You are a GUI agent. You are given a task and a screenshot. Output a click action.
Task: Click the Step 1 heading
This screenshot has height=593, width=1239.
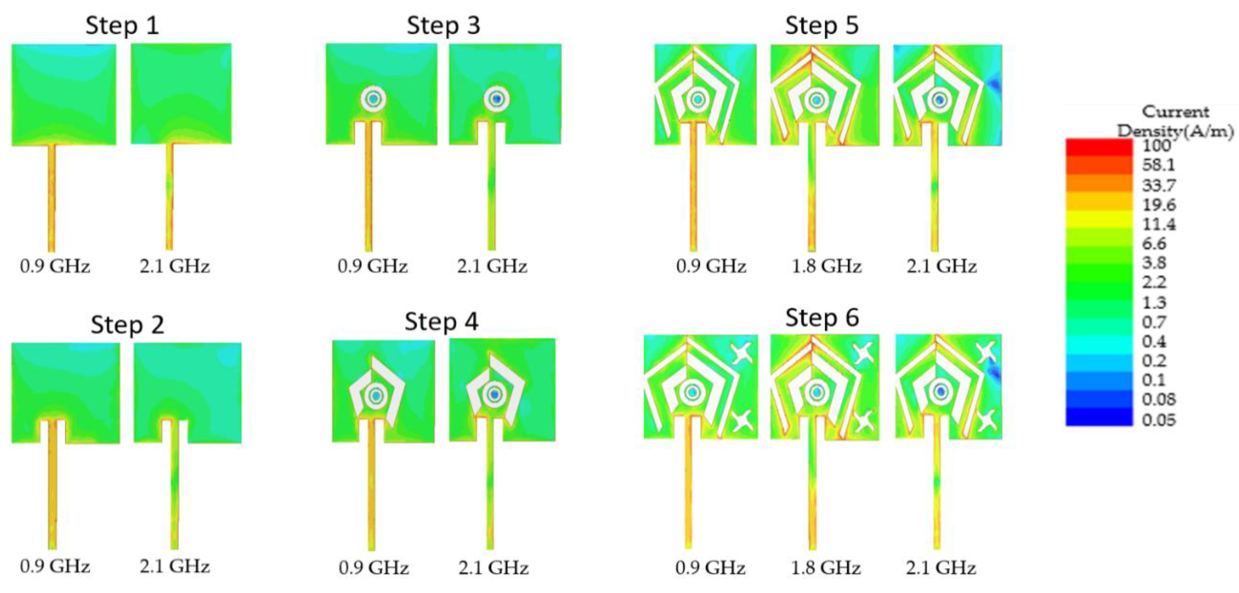[x=122, y=26]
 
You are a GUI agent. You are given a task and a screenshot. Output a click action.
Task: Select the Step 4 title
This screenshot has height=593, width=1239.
[x=441, y=322]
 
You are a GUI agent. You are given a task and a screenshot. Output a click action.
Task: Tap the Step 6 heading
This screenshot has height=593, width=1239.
[x=822, y=318]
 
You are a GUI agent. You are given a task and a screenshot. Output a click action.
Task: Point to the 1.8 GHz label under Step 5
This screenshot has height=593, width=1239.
[x=826, y=266]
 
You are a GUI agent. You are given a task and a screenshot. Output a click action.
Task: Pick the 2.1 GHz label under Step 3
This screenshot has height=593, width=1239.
[x=492, y=266]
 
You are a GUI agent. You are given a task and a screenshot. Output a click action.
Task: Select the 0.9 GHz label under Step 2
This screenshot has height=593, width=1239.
[x=55, y=566]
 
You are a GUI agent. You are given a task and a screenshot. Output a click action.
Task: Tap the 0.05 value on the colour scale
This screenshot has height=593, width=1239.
[x=1159, y=420]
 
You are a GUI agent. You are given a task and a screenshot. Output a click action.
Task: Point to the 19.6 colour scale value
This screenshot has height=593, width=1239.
[x=1159, y=205]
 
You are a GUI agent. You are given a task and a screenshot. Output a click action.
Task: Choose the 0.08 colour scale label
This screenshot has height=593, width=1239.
[x=1159, y=399]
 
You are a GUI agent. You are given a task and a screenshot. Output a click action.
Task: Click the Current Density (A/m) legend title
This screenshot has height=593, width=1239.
[x=1175, y=121]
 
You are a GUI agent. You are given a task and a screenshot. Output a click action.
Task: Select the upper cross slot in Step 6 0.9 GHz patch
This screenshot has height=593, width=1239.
[x=741, y=353]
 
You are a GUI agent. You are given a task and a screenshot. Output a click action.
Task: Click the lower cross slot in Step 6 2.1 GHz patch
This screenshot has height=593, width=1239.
[x=987, y=420]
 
